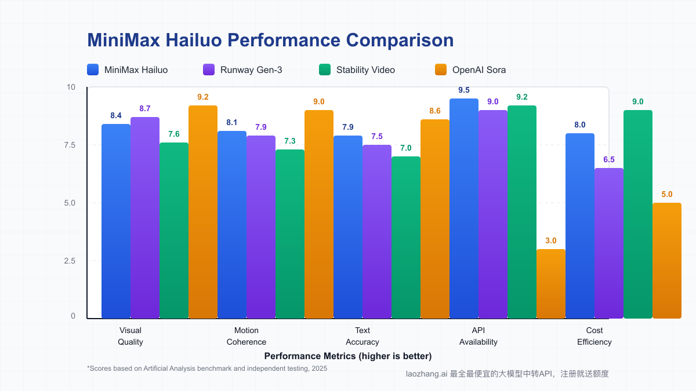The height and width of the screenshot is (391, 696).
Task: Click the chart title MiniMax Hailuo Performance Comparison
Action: coord(270,40)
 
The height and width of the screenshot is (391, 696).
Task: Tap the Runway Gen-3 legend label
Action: coord(251,70)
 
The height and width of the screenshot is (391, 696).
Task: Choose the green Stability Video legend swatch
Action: coord(325,70)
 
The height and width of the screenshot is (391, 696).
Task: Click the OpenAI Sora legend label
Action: coord(479,70)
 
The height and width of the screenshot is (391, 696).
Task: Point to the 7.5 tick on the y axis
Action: coord(70,145)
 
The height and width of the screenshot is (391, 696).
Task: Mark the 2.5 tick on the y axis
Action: coord(70,261)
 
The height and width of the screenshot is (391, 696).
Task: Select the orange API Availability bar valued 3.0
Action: coord(551,284)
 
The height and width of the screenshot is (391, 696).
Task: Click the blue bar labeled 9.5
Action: coord(464,209)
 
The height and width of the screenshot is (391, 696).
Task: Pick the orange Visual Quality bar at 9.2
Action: coord(203,211)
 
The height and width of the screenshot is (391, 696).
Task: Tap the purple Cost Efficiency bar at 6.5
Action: coord(609,243)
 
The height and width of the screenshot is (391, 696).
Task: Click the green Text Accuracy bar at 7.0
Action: coord(406,237)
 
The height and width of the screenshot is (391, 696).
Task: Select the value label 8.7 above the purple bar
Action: coord(145,108)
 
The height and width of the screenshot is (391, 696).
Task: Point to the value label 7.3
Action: coord(290,141)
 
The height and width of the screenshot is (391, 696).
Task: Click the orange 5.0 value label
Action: coord(667,194)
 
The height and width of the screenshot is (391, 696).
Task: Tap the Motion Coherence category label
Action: coord(246,336)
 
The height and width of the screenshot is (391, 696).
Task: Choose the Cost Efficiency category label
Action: coord(594,336)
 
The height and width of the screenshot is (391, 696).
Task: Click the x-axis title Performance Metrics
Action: coord(348,356)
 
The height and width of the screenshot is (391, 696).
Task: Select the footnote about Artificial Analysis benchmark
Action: coord(207,368)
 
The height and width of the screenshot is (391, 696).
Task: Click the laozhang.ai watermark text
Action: coord(507,374)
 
